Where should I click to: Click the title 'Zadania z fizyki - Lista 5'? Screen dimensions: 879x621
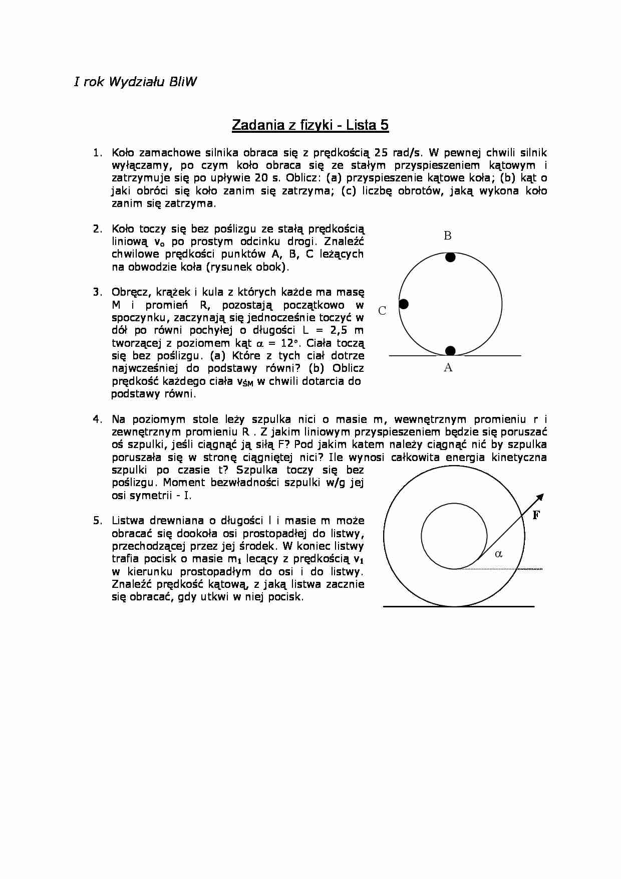310,125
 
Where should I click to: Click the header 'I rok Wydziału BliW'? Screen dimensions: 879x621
135,82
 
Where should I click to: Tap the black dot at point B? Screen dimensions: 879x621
450,257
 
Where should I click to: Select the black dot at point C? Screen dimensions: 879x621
404,304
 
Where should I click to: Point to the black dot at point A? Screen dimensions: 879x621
450,350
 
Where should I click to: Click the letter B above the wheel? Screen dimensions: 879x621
448,236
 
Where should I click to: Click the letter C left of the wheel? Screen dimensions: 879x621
382,311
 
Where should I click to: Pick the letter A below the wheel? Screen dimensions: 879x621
448,368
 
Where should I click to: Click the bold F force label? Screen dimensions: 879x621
536,515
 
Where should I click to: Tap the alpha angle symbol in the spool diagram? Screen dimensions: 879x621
498,554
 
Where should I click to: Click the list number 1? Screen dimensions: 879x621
98,152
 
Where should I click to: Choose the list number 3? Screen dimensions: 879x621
98,292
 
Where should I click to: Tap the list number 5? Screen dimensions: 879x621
98,520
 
